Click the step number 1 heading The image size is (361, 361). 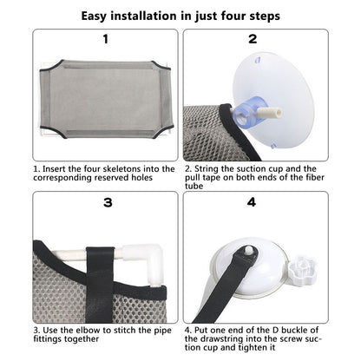(106, 39)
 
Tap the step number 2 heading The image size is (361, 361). (253, 39)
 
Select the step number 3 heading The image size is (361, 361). (108, 202)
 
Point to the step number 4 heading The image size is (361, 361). (252, 202)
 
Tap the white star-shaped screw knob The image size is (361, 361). (302, 270)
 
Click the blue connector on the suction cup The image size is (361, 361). (248, 112)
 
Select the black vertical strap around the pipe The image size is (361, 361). (100, 285)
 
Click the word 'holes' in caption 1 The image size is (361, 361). (141, 177)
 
